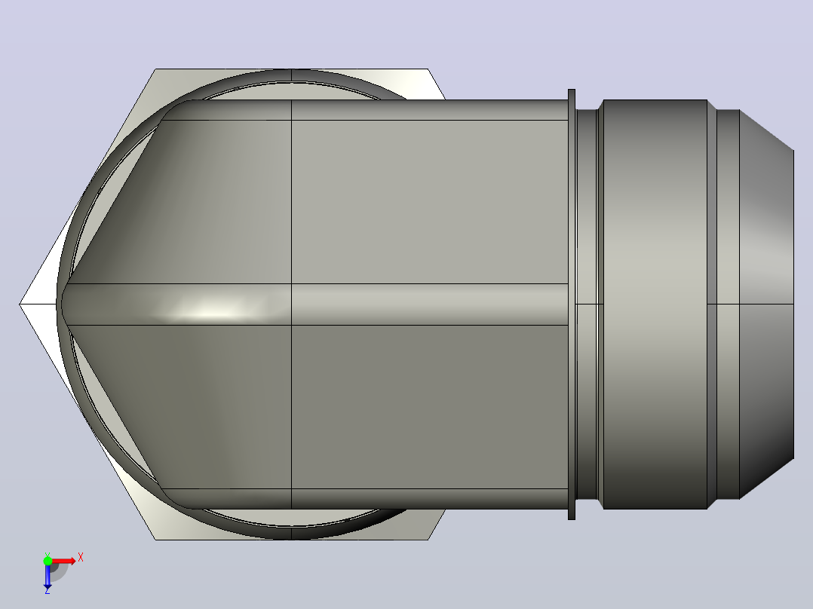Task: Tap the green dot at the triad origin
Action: [x=48, y=561]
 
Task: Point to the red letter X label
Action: [x=81, y=558]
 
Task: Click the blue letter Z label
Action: [x=48, y=590]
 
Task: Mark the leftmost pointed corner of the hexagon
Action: [x=20, y=304]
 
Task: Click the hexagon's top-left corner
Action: [x=155, y=69]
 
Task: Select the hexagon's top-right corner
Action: [x=428, y=69]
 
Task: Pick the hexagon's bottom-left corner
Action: [x=155, y=540]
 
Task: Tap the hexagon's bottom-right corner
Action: [x=428, y=540]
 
